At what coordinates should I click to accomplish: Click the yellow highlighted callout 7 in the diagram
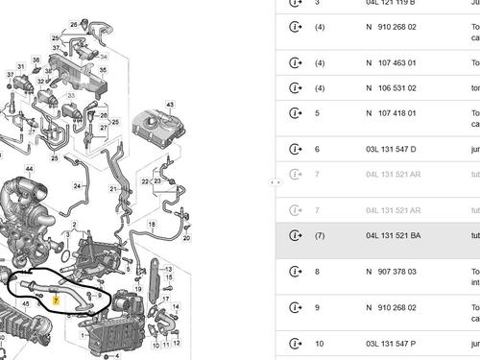click(57, 300)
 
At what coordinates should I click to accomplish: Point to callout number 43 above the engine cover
click(169, 104)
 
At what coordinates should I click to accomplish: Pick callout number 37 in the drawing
click(9, 74)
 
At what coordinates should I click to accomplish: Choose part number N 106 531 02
click(392, 87)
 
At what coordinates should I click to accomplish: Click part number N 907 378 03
click(392, 272)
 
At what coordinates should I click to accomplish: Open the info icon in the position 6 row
click(295, 150)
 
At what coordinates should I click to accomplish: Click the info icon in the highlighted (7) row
click(295, 235)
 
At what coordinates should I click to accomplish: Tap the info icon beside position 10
click(295, 343)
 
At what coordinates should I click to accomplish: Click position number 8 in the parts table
click(317, 272)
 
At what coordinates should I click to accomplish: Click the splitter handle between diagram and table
click(275, 180)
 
